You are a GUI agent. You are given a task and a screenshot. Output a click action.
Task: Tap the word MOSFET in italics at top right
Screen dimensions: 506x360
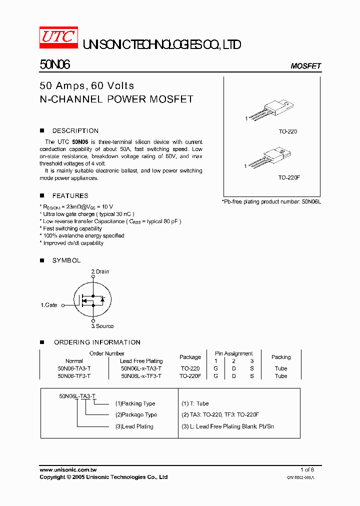pyautogui.click(x=305, y=66)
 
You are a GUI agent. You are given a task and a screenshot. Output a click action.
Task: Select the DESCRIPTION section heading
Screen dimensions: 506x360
pyautogui.click(x=75, y=130)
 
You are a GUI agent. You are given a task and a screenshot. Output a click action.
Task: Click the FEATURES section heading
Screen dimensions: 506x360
pyautogui.click(x=70, y=195)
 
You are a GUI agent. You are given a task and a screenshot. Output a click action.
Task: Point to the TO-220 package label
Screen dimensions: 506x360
pyautogui.click(x=287, y=131)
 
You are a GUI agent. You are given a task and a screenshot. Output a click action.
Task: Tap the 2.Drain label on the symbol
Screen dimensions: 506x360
pyautogui.click(x=99, y=271)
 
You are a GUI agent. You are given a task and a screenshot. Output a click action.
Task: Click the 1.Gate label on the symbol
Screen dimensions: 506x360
pyautogui.click(x=49, y=304)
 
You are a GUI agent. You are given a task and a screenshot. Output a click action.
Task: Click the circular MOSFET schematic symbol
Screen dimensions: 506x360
pyautogui.click(x=92, y=299)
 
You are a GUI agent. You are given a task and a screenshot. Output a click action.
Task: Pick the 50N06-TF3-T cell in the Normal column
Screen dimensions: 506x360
pyautogui.click(x=74, y=376)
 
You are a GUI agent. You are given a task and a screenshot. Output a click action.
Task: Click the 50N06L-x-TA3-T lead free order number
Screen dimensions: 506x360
pyautogui.click(x=141, y=368)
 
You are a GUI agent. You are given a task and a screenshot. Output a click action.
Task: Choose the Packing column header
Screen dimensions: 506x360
pyautogui.click(x=281, y=357)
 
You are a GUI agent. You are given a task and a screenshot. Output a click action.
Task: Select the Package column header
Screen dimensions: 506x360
pyautogui.click(x=190, y=357)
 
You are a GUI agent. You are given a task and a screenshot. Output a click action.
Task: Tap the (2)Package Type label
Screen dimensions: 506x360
pyautogui.click(x=136, y=414)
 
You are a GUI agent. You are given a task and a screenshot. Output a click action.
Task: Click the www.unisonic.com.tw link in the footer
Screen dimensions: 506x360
pyautogui.click(x=68, y=469)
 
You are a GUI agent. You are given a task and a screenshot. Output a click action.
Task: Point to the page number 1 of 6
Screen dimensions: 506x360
pyautogui.click(x=307, y=469)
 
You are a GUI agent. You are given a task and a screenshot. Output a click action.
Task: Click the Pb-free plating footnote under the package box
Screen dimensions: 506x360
pyautogui.click(x=271, y=201)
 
